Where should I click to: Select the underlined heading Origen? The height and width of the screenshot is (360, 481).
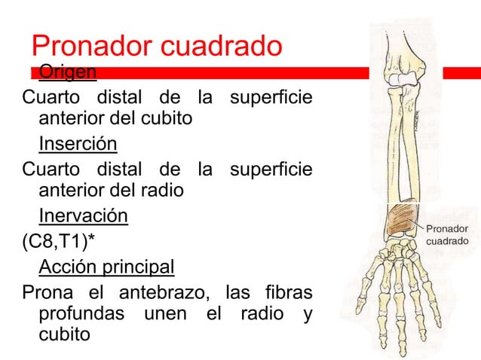click(68, 72)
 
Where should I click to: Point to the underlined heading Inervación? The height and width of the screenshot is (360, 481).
click(83, 217)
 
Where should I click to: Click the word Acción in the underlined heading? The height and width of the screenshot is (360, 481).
click(66, 267)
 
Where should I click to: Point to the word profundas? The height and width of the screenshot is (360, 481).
click(82, 311)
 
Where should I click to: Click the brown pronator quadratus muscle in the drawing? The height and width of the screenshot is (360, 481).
click(397, 221)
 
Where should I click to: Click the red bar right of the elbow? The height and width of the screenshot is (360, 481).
click(461, 72)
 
